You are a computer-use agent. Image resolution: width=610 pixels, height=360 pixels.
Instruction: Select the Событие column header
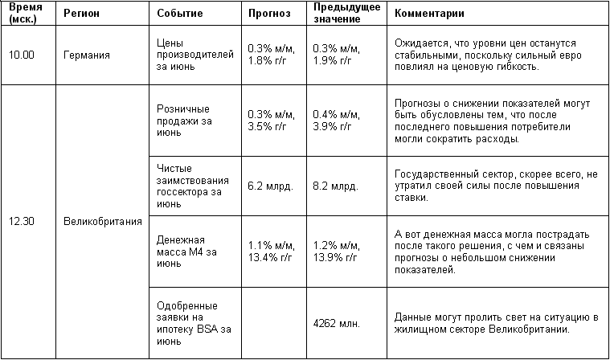point(180,14)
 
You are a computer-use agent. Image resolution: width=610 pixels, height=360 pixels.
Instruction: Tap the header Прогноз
point(268,14)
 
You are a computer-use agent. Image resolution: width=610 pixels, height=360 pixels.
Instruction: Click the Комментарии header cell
point(430,14)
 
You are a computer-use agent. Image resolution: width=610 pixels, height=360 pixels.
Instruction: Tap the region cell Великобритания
point(102,221)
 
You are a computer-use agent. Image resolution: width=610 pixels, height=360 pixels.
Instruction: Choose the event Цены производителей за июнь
point(185,55)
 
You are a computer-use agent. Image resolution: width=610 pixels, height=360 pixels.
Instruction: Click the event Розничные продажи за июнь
point(184,121)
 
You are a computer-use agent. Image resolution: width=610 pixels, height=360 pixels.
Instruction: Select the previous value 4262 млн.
point(336,324)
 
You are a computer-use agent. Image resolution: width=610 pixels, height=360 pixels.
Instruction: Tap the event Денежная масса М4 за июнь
point(182,252)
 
